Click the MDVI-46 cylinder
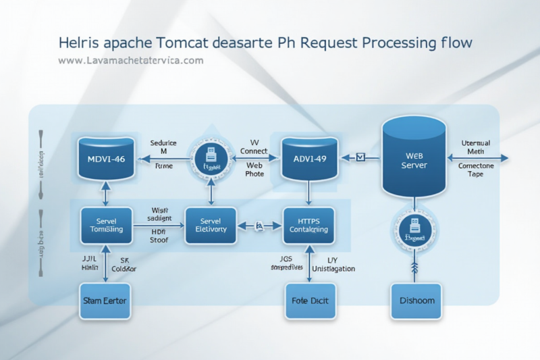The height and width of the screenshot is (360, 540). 105,159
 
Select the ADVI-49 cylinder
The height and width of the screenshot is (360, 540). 309,159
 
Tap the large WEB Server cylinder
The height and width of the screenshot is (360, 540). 414,157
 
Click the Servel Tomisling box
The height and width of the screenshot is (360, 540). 105,225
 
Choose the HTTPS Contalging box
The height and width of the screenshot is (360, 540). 308,225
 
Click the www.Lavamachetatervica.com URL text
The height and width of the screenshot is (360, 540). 131,61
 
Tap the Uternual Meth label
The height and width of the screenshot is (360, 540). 480,148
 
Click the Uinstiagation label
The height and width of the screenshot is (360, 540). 331,268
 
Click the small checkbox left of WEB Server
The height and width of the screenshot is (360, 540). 360,157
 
